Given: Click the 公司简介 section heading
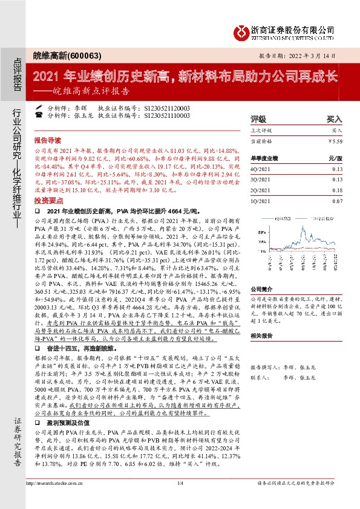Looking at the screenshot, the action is point(262,289).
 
